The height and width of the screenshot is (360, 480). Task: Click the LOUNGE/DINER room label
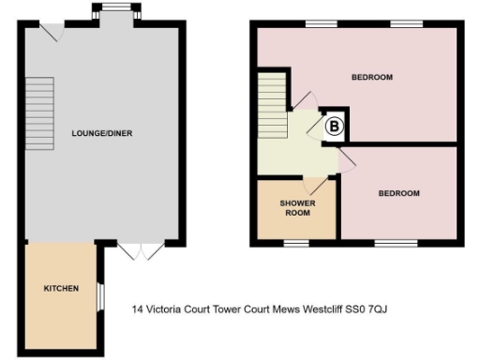(101, 133)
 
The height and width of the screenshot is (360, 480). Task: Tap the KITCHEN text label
(60, 288)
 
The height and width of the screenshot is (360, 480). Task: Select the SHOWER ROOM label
(296, 207)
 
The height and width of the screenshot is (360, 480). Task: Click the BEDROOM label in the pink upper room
(371, 77)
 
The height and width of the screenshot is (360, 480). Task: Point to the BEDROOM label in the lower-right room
(398, 193)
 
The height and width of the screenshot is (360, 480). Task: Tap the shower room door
(311, 183)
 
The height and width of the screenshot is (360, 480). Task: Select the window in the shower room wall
(296, 243)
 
